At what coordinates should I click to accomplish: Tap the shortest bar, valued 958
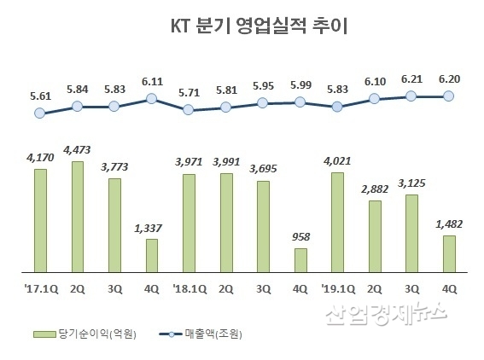[x=300, y=259]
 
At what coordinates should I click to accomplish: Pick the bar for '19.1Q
[x=337, y=222]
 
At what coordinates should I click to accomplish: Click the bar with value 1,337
[x=152, y=255]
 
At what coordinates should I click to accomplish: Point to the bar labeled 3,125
[x=411, y=233]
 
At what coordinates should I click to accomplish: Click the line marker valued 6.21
[x=411, y=96]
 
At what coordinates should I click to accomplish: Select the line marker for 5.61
[x=40, y=113]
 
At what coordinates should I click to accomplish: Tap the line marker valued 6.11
[x=152, y=99]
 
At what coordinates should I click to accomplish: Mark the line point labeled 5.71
[x=189, y=110]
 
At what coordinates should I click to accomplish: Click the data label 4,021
[x=337, y=161]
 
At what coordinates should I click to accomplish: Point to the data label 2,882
[x=374, y=189]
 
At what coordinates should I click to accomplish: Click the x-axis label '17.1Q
[x=40, y=287]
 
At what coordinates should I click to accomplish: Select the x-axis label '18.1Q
[x=189, y=287]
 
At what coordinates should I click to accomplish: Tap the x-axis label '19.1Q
[x=337, y=287]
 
